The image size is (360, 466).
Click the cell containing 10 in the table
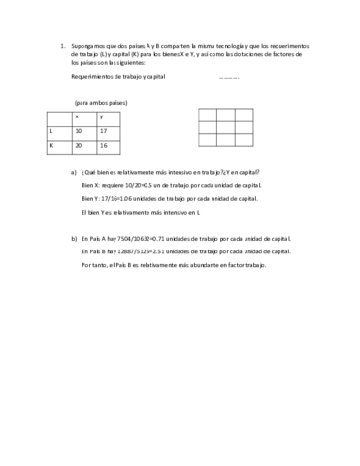(x=79, y=130)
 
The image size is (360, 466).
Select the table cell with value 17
(x=104, y=130)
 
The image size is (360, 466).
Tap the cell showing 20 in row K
(x=79, y=146)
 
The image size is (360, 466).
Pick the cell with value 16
(x=104, y=146)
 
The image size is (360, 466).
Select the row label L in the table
(x=52, y=130)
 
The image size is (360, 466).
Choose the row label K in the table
(x=52, y=146)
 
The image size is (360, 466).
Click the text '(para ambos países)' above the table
(x=98, y=101)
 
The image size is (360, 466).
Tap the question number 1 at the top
(x=61, y=45)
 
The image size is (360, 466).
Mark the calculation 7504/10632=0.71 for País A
(x=145, y=238)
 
